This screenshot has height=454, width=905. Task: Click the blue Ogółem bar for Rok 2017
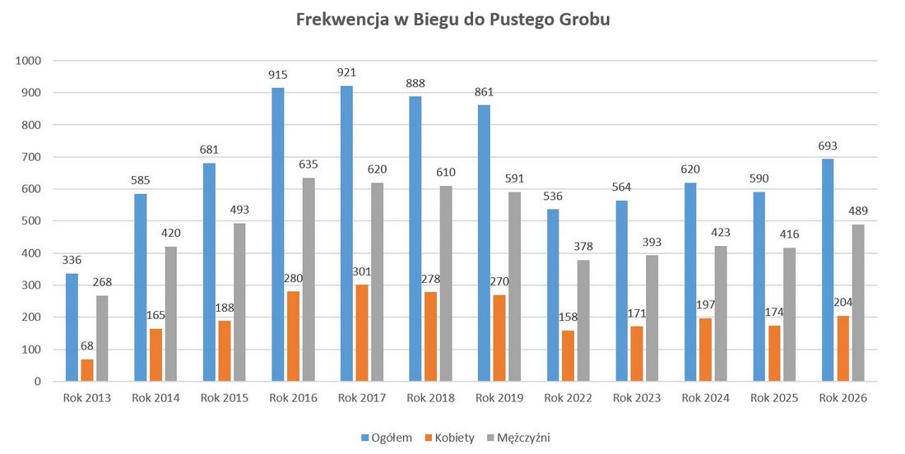[x=346, y=234]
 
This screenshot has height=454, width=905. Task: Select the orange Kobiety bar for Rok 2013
[x=87, y=370]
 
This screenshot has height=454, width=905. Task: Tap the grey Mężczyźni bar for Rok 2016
[x=308, y=280]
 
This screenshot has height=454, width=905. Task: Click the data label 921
[x=346, y=73]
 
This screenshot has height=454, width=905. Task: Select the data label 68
[x=87, y=346]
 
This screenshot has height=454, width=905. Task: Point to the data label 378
[x=583, y=247]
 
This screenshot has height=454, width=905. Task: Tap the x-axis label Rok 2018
[x=430, y=398]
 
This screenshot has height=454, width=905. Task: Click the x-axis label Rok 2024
[x=705, y=398]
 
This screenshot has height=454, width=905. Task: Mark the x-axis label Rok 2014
[x=155, y=398]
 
